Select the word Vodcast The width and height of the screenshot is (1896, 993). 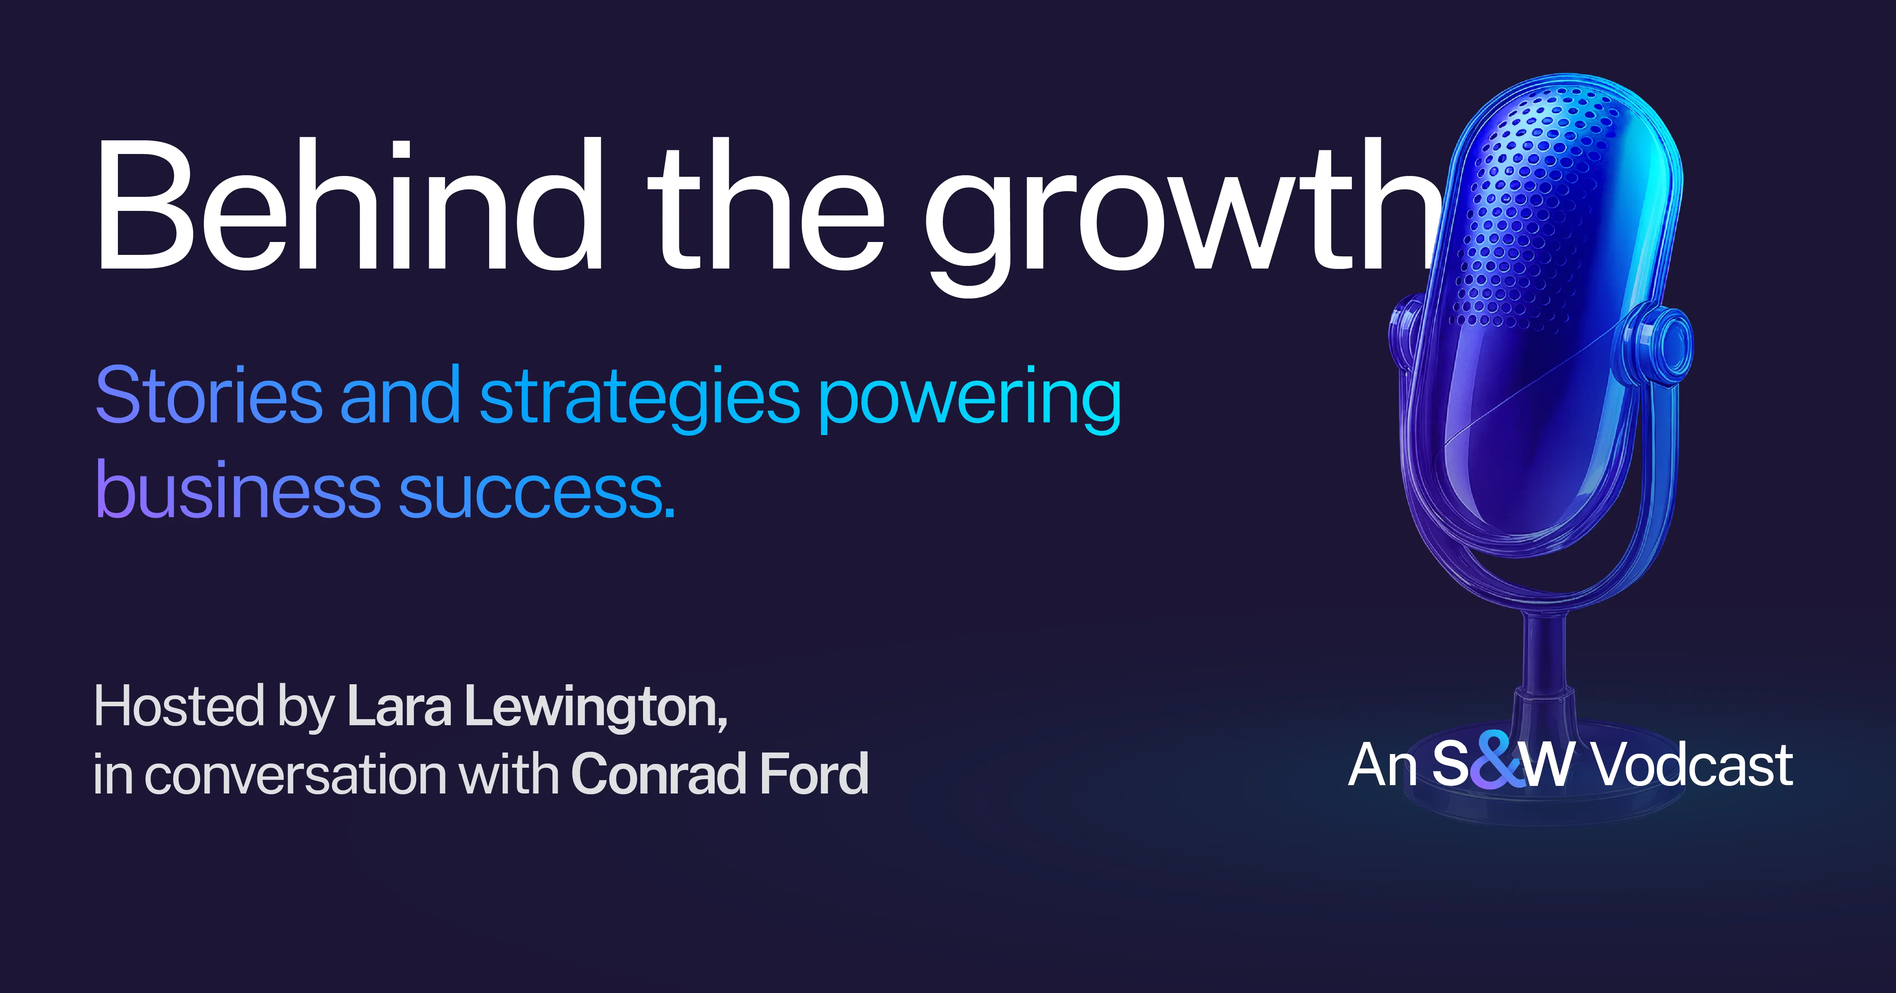(1693, 765)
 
